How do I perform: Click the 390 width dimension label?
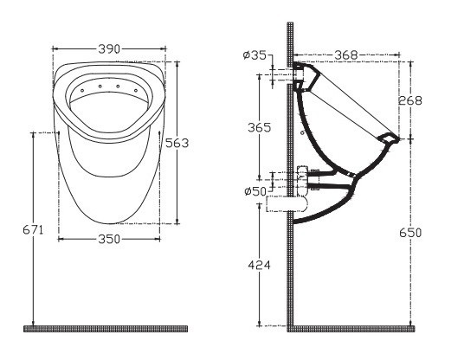point(109,49)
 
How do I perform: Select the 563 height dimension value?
point(177,143)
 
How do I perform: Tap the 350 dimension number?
point(109,239)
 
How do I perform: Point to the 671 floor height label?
point(33,229)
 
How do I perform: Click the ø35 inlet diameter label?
point(255,55)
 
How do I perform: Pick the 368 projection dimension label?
point(346,55)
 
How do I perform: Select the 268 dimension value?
point(410,100)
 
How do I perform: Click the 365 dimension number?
point(259,128)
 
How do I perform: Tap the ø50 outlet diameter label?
point(256,191)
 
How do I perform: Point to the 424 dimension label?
point(259,265)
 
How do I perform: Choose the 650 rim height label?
point(410,233)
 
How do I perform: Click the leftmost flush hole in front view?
point(82,91)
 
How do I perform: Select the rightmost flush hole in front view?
point(136,90)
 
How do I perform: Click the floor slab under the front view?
point(106,329)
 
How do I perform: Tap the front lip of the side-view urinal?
point(388,138)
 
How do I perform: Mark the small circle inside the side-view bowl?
point(302,132)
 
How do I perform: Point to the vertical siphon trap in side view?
point(303,181)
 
